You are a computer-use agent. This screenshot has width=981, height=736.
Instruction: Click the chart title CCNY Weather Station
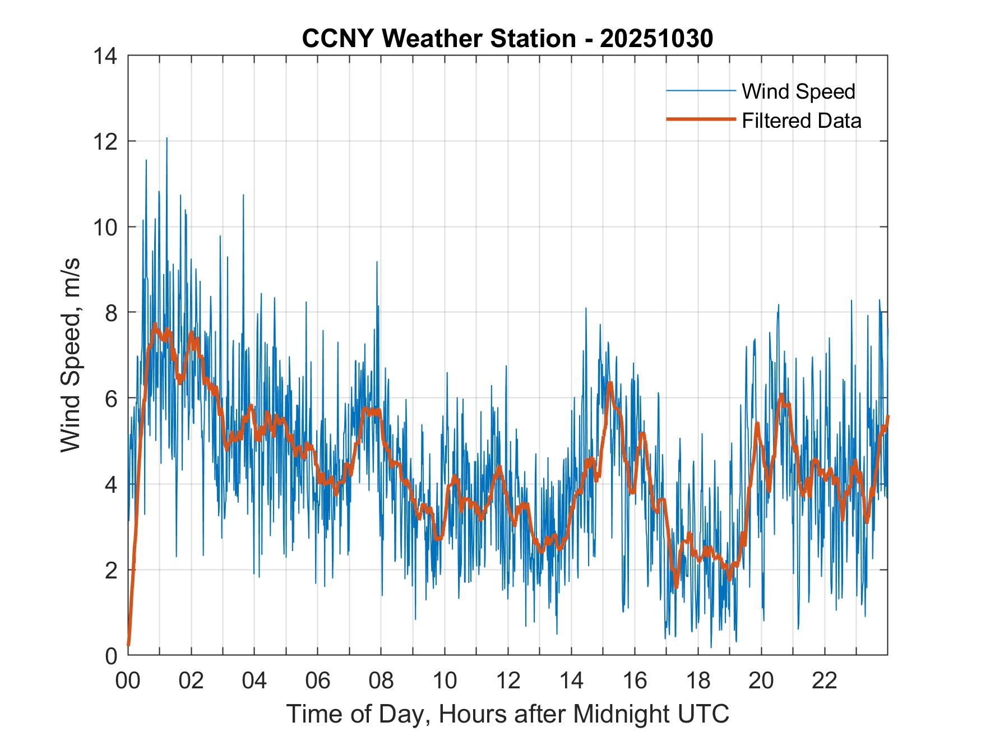click(x=438, y=38)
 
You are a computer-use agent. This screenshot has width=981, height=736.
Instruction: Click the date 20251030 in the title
click(x=656, y=38)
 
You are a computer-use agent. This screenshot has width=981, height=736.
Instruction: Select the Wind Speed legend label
click(x=798, y=91)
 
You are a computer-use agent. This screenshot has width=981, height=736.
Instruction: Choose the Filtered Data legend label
click(x=801, y=121)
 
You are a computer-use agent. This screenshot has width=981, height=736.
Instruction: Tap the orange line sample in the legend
click(x=701, y=119)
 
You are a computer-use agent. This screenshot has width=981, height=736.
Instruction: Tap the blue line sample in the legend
click(x=701, y=91)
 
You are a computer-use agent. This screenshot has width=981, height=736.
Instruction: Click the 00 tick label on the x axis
click(x=128, y=681)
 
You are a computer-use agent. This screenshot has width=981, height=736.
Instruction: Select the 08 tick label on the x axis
click(x=381, y=681)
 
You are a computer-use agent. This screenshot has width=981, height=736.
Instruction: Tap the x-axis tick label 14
click(x=571, y=681)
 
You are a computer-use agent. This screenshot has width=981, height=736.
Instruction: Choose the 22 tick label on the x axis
click(x=825, y=681)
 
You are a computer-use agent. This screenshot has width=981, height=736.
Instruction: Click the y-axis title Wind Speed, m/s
click(x=71, y=354)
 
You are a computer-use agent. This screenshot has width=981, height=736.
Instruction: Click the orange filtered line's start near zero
click(x=129, y=645)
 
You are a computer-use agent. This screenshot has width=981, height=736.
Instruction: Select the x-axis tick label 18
click(x=698, y=681)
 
